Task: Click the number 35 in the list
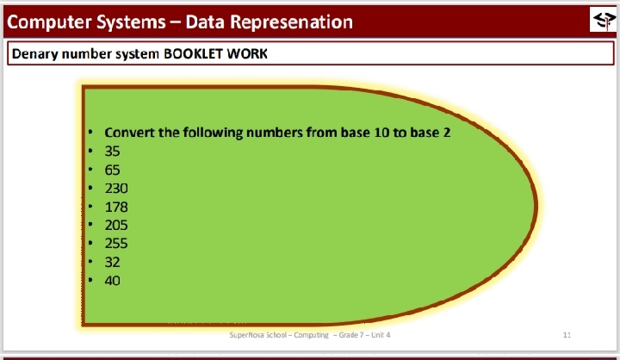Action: pos(112,151)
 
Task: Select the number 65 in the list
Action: pos(112,170)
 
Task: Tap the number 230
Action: pos(116,189)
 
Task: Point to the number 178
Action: pos(116,207)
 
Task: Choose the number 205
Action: pos(116,225)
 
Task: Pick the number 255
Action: pos(116,243)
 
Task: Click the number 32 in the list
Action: pos(112,262)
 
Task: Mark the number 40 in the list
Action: pos(112,281)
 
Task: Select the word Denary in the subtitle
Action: pos(34,54)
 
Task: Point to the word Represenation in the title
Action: pos(291,22)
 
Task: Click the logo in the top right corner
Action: pos(603,20)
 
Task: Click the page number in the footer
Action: pos(567,335)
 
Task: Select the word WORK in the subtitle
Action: pos(247,53)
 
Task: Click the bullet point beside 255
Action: pos(90,243)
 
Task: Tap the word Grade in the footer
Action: pos(349,335)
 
